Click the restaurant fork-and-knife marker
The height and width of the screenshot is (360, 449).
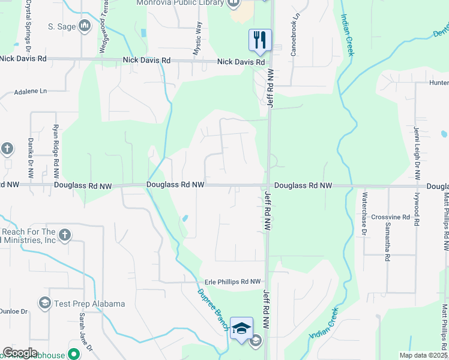click(260, 40)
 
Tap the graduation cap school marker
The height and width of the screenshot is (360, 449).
click(241, 328)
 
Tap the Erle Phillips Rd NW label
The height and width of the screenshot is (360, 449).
click(233, 281)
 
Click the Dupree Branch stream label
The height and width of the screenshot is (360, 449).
click(209, 307)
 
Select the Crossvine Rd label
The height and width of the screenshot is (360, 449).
click(390, 217)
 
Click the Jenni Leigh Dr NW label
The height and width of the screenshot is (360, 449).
click(415, 153)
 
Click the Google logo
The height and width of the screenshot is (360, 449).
click(20, 353)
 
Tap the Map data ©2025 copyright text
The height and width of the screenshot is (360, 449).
click(423, 355)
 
